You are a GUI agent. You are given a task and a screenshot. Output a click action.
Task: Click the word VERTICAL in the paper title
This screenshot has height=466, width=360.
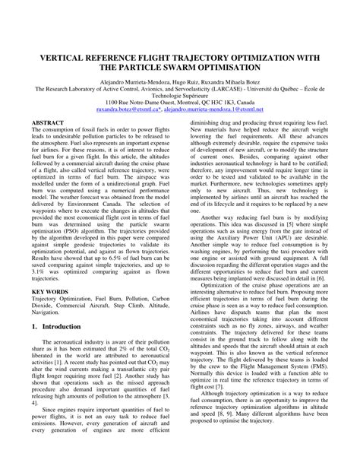(65, 56)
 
